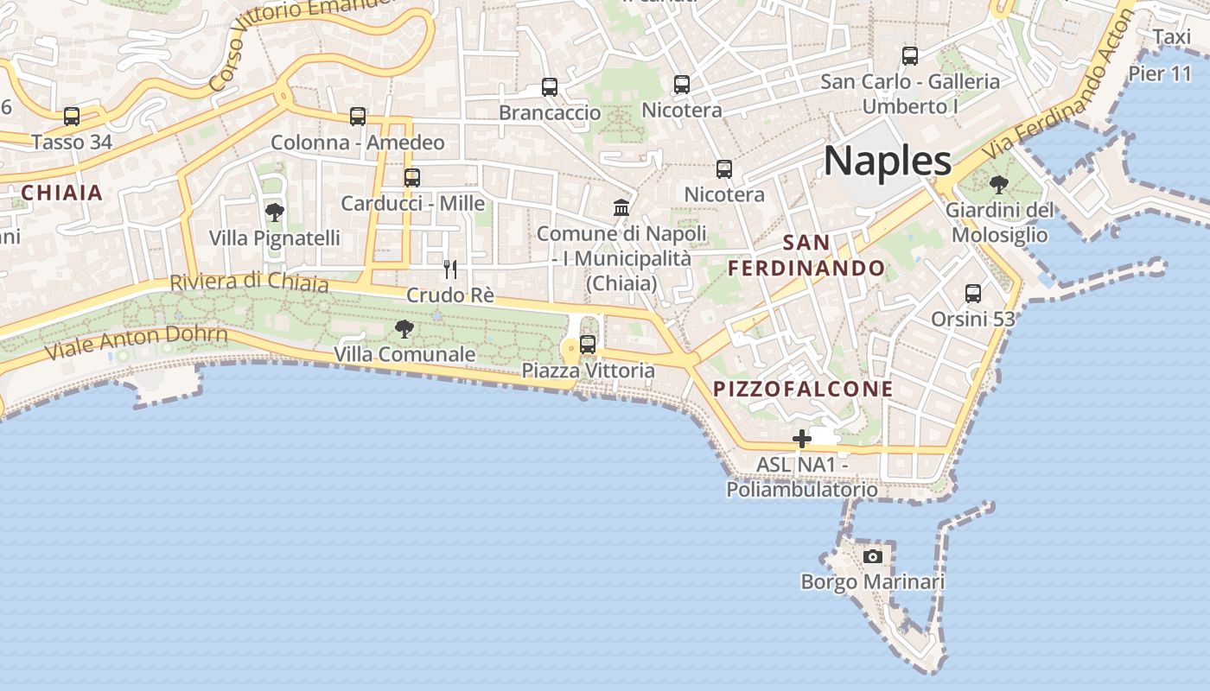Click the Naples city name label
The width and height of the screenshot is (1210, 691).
tap(888, 162)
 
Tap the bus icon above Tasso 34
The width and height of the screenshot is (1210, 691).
tap(72, 116)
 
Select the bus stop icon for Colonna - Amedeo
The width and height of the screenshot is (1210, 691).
tap(358, 117)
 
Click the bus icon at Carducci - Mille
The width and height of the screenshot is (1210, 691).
tap(412, 177)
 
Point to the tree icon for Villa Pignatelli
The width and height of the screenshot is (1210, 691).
tap(275, 212)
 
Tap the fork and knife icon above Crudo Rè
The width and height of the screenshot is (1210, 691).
tap(450, 269)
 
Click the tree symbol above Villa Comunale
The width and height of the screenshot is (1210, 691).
tap(404, 328)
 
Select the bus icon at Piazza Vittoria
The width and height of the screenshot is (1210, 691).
tap(588, 345)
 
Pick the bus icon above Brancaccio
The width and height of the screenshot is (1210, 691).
tap(550, 86)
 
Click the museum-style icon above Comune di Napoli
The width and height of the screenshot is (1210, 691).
tap(621, 207)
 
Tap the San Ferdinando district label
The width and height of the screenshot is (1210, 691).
tap(806, 256)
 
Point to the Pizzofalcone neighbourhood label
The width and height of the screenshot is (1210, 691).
tap(803, 389)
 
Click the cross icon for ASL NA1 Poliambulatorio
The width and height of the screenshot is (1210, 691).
tap(802, 439)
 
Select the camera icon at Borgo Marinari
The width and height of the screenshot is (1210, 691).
tap(873, 556)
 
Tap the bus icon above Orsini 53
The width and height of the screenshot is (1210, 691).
tap(973, 294)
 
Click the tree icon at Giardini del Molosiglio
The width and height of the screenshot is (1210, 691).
tap(999, 184)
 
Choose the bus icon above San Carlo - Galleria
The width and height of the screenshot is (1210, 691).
tap(910, 56)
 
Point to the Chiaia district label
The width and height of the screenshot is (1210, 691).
tap(62, 193)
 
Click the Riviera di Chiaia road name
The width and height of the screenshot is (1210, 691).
tap(249, 282)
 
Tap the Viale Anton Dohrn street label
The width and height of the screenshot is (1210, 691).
tap(136, 343)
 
